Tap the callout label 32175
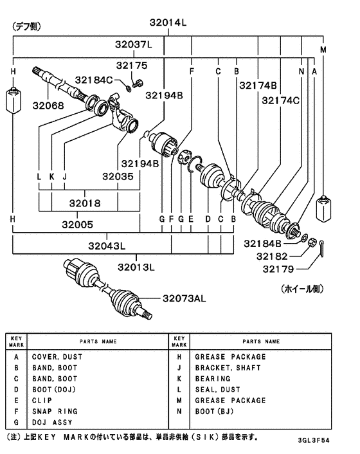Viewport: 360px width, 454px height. (132, 65)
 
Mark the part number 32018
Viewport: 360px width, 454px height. (85, 203)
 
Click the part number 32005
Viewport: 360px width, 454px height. (77, 224)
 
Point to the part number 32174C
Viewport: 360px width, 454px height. (280, 100)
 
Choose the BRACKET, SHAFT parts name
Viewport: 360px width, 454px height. (224, 368)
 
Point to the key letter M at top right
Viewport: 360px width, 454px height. (323, 50)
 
